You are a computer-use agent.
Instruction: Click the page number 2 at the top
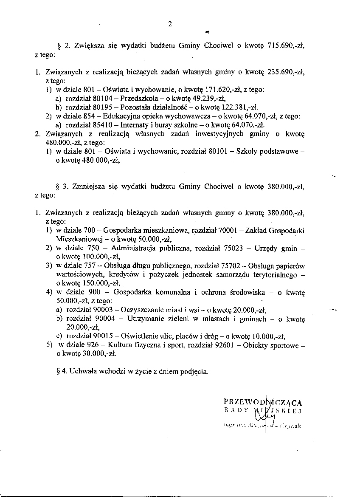170,24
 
